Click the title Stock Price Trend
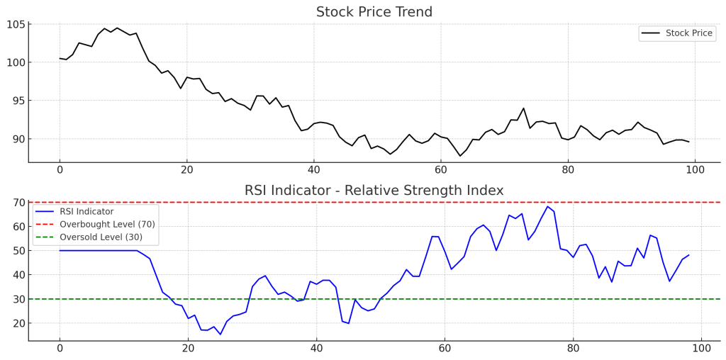(x=374, y=12)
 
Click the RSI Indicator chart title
(x=374, y=191)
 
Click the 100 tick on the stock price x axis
(x=695, y=171)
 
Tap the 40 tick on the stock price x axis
(x=314, y=171)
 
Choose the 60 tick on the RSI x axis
(x=445, y=349)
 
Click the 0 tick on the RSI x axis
(x=60, y=349)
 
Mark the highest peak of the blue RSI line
(x=547, y=207)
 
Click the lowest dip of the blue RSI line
(x=220, y=334)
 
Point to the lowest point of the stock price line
(x=460, y=156)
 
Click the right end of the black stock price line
(x=688, y=142)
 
